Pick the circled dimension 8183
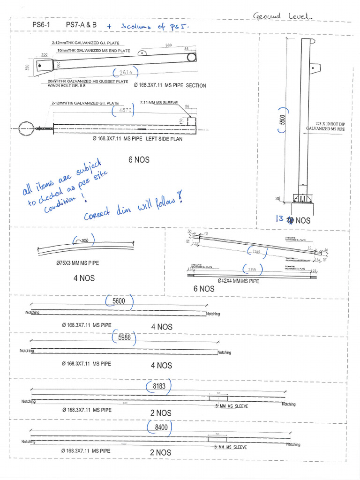tap(160, 386)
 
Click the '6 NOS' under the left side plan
tap(139, 160)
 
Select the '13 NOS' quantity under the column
tap(293, 220)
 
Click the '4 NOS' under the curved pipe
tap(84, 278)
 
